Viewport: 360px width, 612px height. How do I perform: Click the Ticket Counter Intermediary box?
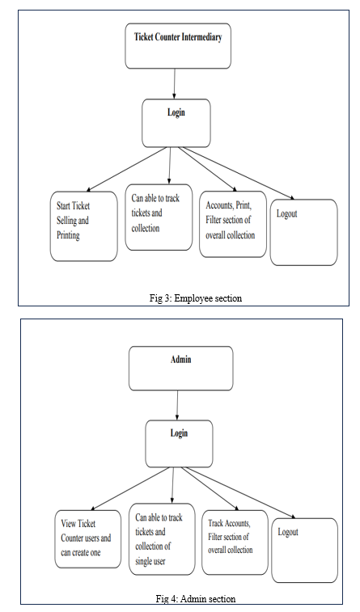(178, 46)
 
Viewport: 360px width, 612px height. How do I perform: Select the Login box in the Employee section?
(176, 123)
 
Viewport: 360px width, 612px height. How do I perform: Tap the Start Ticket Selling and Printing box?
(84, 226)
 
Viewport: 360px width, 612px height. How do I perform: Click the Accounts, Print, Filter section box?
(233, 223)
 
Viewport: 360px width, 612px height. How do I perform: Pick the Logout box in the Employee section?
(303, 233)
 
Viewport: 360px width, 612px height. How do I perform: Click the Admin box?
(181, 369)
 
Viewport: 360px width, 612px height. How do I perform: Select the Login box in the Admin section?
(180, 444)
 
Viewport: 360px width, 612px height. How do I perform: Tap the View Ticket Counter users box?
(88, 539)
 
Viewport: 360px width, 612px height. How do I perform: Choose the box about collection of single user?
(162, 539)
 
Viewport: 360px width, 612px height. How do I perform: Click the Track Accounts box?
(235, 542)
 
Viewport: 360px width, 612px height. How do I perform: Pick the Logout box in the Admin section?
(304, 551)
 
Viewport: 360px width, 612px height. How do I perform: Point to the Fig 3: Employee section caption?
(196, 298)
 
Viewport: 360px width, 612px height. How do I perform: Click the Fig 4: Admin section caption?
(196, 598)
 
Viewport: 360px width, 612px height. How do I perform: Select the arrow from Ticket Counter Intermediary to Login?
(175, 84)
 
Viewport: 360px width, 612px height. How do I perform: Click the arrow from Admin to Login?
(178, 405)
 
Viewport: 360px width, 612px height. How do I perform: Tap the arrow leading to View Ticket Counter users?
(130, 489)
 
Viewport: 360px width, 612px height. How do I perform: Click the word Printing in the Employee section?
(68, 235)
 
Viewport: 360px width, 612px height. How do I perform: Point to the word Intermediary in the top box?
(202, 37)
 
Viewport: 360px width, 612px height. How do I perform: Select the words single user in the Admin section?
(150, 561)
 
